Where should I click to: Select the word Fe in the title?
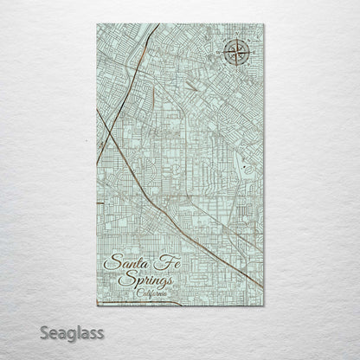coord(162,262)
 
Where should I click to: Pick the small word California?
coord(155,293)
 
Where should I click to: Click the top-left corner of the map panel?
coord(97,24)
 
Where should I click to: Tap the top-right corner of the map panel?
coord(264,24)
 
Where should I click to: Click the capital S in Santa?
coord(110,263)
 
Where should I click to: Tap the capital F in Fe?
coord(157,261)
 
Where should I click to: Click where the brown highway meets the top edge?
coord(158,25)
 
